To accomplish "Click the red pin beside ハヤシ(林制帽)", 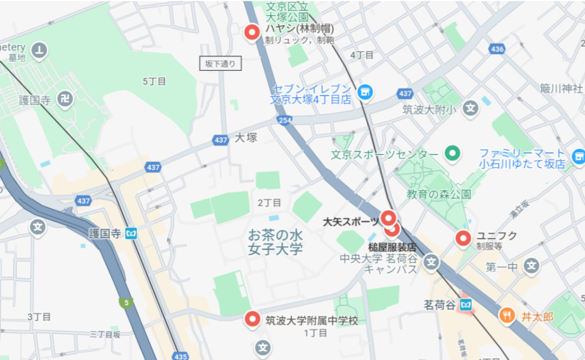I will (x=251, y=33).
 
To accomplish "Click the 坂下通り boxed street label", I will (x=221, y=64).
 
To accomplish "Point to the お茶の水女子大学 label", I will (x=275, y=242).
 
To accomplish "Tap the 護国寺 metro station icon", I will (x=132, y=233).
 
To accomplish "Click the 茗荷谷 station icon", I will (x=467, y=305).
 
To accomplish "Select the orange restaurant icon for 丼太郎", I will (x=507, y=314).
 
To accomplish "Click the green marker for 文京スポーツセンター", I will (x=452, y=154).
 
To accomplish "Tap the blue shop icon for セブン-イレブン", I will (x=364, y=91).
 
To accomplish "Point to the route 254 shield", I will (x=284, y=120).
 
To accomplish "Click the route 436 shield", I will (x=497, y=49).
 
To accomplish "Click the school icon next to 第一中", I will (x=532, y=266).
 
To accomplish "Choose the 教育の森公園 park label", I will (x=439, y=194).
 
